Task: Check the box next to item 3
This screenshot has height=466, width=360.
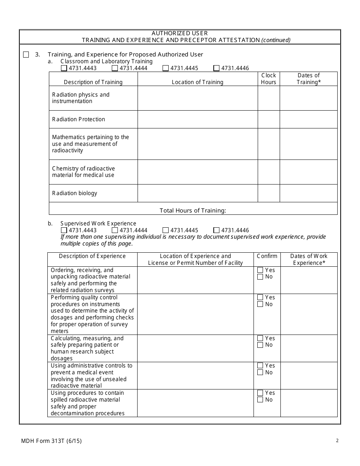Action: coord(26,55)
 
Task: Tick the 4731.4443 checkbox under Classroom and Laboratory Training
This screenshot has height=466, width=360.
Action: coord(64,68)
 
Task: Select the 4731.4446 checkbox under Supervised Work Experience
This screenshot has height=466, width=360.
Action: coord(216,230)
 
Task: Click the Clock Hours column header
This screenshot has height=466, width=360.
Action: coord(269,79)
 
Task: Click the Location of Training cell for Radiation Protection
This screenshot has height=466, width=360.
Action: coord(197,119)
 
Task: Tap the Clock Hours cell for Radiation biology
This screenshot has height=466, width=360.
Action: coord(269,193)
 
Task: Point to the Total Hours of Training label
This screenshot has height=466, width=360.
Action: coord(193,211)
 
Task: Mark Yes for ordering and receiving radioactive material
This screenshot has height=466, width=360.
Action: coord(260,270)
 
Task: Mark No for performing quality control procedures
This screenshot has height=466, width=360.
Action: coord(260,304)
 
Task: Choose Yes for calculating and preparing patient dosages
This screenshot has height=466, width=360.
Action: coord(260,338)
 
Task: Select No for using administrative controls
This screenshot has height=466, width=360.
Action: coord(260,372)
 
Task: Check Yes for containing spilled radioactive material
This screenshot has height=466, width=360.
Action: coord(260,393)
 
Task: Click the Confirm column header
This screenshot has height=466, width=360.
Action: coord(267,256)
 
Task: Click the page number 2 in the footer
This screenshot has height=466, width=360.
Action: coord(337,441)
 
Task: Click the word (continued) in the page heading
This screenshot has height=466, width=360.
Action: coord(276,40)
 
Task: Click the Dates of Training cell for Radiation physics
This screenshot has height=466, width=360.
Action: coord(308,98)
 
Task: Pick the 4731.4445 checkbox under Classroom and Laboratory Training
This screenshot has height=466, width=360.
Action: coord(166,68)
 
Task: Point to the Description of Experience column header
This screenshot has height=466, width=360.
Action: coord(92,256)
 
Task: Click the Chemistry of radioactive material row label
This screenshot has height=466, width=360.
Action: coord(83,172)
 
